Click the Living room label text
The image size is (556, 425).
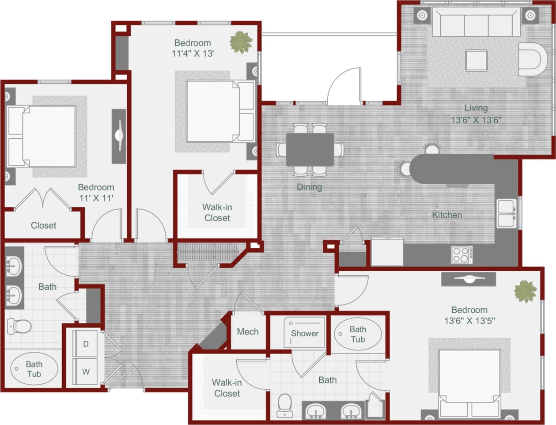476,108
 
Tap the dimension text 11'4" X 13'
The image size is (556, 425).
193,54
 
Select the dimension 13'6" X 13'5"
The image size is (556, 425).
469,321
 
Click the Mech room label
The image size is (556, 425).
248,331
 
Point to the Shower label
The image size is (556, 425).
304,333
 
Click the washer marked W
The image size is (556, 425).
86,372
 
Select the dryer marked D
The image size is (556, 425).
86,344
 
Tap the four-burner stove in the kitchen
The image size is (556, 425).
461,255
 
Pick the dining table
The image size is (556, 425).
310,149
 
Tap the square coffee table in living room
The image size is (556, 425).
477,60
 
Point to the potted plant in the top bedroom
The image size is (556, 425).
241,42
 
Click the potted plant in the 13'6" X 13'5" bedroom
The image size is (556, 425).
525,292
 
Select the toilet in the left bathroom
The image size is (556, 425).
19,326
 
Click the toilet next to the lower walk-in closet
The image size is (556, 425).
285,406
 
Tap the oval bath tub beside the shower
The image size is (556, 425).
358,334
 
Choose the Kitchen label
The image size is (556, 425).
447,215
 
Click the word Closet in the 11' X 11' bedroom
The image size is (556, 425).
43,225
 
